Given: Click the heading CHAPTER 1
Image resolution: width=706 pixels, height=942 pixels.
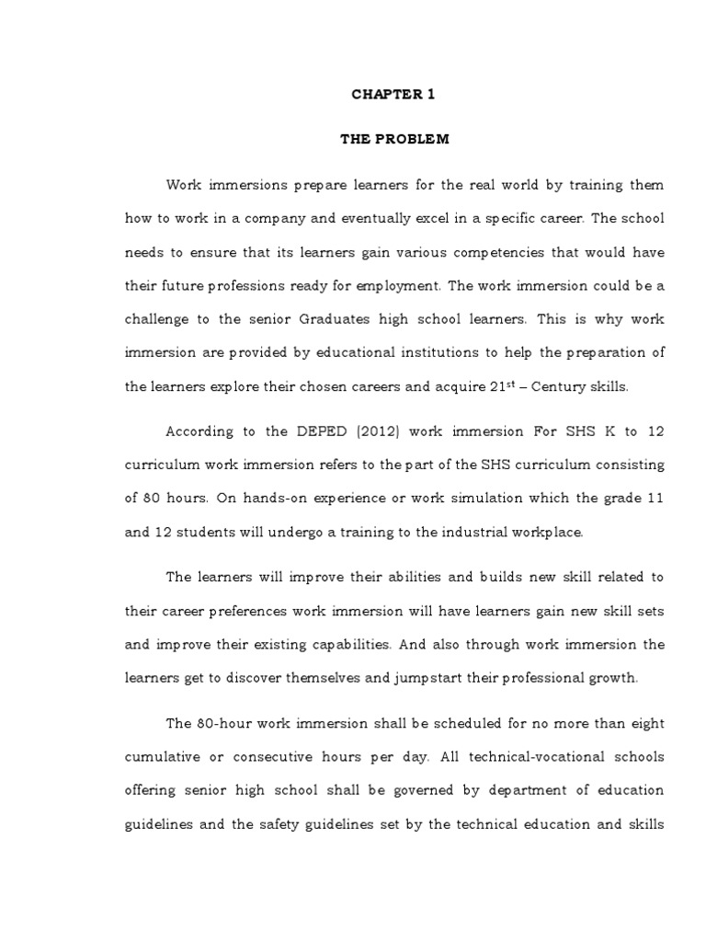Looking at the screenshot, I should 393,94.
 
